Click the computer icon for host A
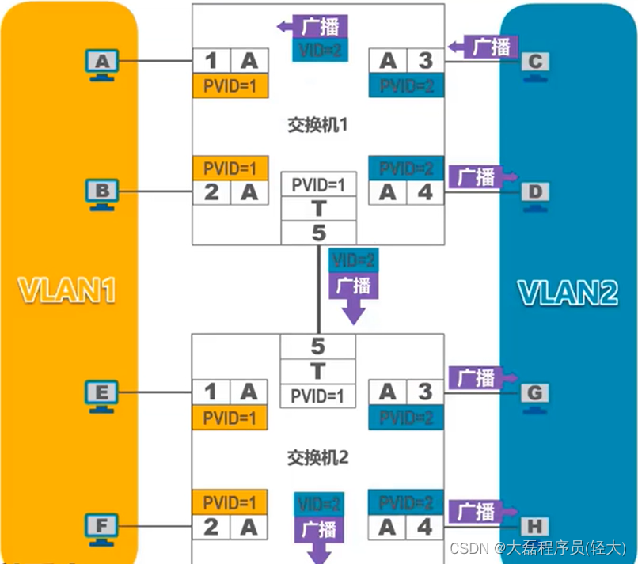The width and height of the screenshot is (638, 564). point(101,62)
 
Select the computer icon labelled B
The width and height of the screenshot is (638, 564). point(101,193)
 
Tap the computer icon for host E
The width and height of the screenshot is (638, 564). point(101,393)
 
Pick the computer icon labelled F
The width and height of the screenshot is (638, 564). point(101,525)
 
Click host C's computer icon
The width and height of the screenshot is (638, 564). point(535,64)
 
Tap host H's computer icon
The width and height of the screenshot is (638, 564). point(535,526)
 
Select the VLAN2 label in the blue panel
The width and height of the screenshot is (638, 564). point(568,291)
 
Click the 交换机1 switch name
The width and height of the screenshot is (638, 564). point(318,124)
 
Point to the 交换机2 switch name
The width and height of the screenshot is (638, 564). point(318,457)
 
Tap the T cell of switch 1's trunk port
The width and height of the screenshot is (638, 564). point(318,209)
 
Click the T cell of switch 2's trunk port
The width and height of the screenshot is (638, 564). point(318,370)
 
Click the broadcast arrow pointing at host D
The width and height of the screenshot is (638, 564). point(484,176)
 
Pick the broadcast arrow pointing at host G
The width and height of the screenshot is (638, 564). point(484,377)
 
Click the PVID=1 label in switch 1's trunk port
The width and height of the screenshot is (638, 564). point(318,185)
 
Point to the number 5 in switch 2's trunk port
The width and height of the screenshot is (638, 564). point(318,346)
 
